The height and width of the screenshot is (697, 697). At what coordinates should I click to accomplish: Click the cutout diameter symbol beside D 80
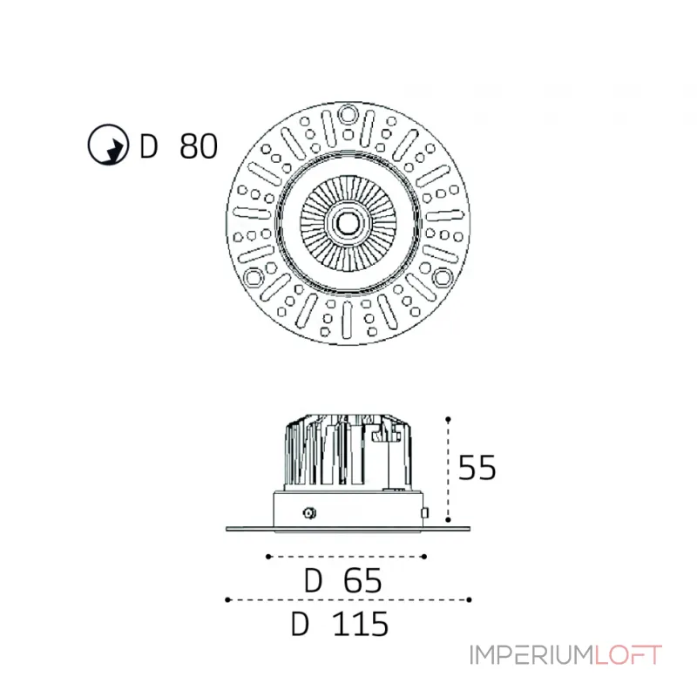108,145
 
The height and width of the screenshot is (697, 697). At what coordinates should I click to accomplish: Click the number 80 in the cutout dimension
199,145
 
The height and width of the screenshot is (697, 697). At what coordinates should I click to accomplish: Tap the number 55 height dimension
477,468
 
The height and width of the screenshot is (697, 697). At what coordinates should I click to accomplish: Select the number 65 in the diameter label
362,580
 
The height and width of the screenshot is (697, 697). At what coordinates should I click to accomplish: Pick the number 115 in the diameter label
361,624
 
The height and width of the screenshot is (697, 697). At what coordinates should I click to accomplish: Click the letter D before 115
300,624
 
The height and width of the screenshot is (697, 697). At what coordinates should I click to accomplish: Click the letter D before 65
313,580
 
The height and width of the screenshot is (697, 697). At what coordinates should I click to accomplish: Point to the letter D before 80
148,145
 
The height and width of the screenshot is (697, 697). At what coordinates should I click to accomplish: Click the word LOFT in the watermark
628,655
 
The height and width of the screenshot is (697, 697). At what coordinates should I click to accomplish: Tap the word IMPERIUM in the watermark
532,655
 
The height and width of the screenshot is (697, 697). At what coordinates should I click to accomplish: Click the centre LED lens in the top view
348,223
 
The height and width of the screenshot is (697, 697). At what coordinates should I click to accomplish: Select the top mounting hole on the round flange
348,114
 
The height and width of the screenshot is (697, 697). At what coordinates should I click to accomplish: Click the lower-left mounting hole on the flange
254,277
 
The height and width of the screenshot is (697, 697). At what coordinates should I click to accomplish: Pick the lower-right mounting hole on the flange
443,277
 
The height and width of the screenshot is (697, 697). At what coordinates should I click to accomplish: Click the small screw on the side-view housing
309,513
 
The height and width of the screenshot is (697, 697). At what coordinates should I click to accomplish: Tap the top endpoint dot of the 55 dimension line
448,419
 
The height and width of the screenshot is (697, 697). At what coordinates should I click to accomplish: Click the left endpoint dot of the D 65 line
268,557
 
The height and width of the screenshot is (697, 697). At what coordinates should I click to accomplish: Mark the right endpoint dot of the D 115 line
469,599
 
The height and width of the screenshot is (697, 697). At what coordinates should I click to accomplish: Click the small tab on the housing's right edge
424,513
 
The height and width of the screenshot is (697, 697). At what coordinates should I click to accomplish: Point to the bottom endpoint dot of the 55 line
448,519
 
